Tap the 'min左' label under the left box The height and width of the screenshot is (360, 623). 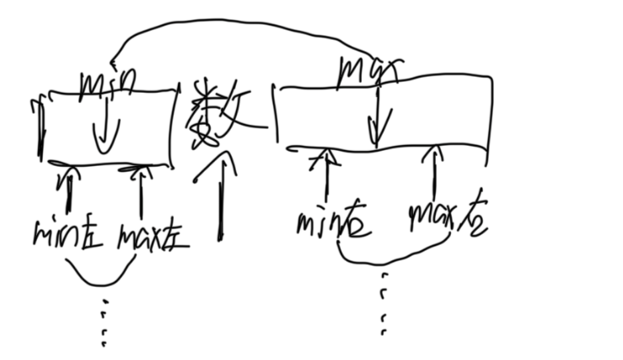pos(67,233)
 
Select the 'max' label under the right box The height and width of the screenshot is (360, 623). pos(447,218)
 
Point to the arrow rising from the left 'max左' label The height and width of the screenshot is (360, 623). pos(140,190)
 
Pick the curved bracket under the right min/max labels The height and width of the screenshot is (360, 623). pos(388,255)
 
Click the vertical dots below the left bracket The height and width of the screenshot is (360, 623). pos(103,325)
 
